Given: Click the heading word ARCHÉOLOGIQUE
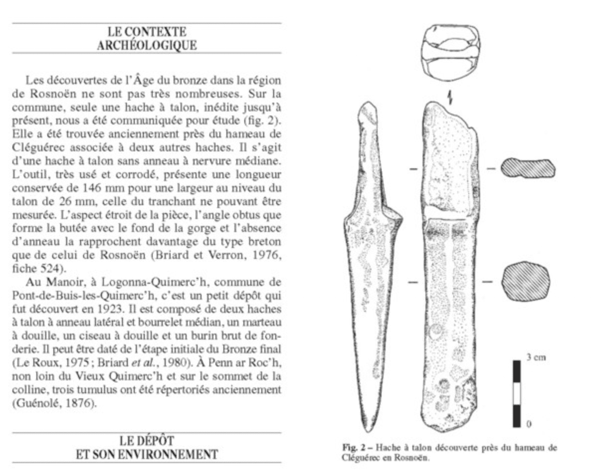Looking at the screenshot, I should tap(146, 45).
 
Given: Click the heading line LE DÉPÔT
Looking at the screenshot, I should tap(147, 441).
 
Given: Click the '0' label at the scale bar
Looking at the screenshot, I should tap(528, 424).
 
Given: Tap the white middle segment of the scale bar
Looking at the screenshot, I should tap(516, 394).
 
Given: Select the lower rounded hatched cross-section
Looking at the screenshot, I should tap(526, 280).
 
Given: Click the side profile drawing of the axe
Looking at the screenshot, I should tap(372, 259).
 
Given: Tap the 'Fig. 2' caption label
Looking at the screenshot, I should tap(352, 447).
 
